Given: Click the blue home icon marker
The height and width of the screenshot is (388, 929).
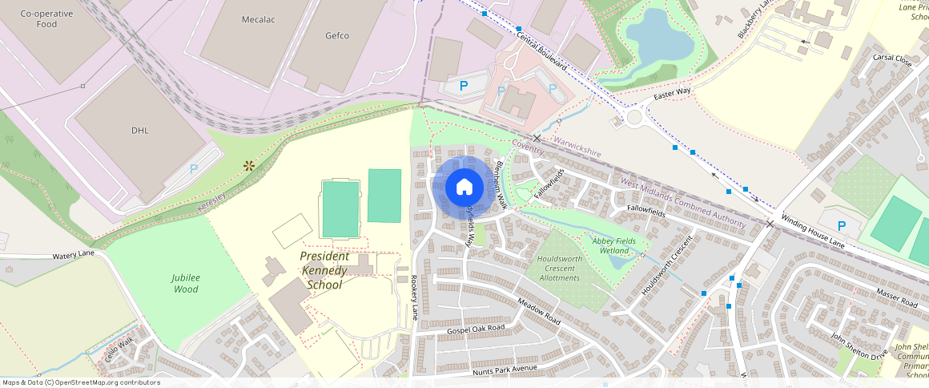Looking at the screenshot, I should (464, 187).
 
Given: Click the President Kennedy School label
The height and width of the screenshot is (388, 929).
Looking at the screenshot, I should (324, 270).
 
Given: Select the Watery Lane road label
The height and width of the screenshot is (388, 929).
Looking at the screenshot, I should (74, 254).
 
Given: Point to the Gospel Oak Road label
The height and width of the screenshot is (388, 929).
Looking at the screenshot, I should (476, 329).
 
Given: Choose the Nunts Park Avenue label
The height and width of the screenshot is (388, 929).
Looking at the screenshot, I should (505, 370).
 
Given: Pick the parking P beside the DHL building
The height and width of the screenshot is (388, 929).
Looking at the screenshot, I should (193, 170).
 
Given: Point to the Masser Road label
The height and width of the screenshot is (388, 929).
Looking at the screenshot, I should (896, 299).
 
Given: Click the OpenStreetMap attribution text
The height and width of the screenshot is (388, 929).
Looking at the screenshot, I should (81, 382).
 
